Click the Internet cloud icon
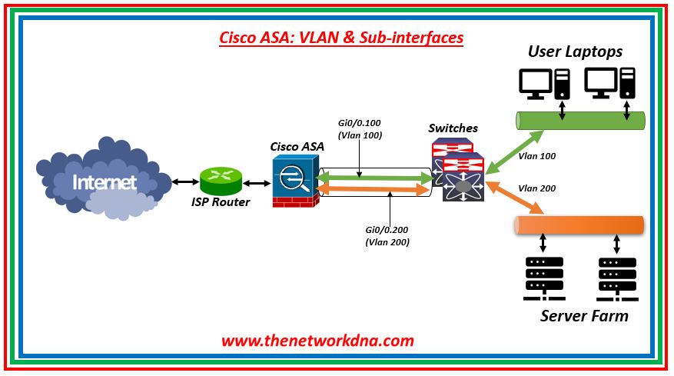click(104, 181)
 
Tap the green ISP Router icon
click(221, 181)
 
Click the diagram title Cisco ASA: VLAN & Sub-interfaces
click(342, 37)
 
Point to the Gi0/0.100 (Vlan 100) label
click(361, 128)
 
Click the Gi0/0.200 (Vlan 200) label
click(387, 235)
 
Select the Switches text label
click(453, 128)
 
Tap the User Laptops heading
click(575, 52)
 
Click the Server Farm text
click(584, 316)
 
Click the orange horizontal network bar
click(578, 225)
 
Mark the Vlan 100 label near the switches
click(537, 156)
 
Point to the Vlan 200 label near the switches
click(537, 188)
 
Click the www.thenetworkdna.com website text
click(318, 340)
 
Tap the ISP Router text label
click(221, 203)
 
